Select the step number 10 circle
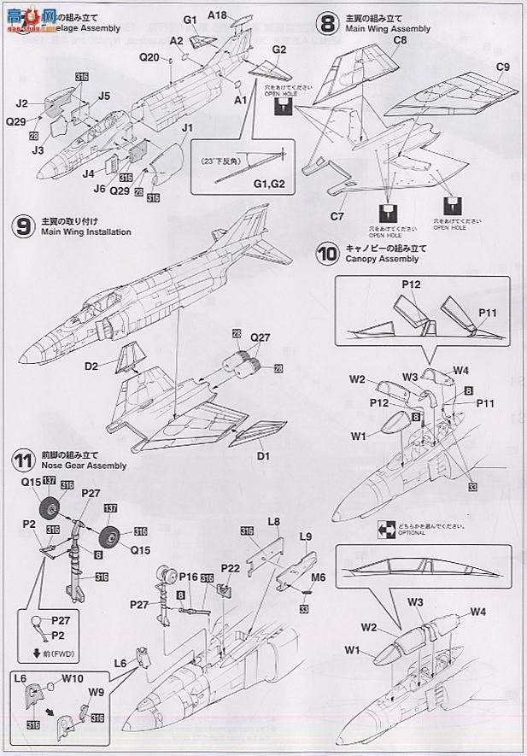[327, 254]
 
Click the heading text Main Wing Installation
[86, 232]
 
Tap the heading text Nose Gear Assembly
[84, 466]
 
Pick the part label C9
[502, 67]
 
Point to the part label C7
[338, 217]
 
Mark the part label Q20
[149, 57]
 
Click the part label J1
[188, 129]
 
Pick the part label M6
[318, 577]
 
